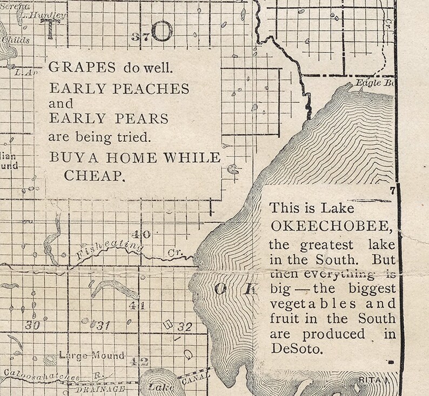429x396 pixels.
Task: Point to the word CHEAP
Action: click(x=95, y=175)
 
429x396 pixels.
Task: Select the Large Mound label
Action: click(x=91, y=355)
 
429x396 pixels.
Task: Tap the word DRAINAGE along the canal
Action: click(x=100, y=389)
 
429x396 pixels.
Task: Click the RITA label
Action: click(x=371, y=381)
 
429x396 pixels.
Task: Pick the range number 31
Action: click(x=102, y=325)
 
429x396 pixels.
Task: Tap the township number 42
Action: click(x=143, y=362)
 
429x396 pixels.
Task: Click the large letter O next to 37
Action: click(x=162, y=32)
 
